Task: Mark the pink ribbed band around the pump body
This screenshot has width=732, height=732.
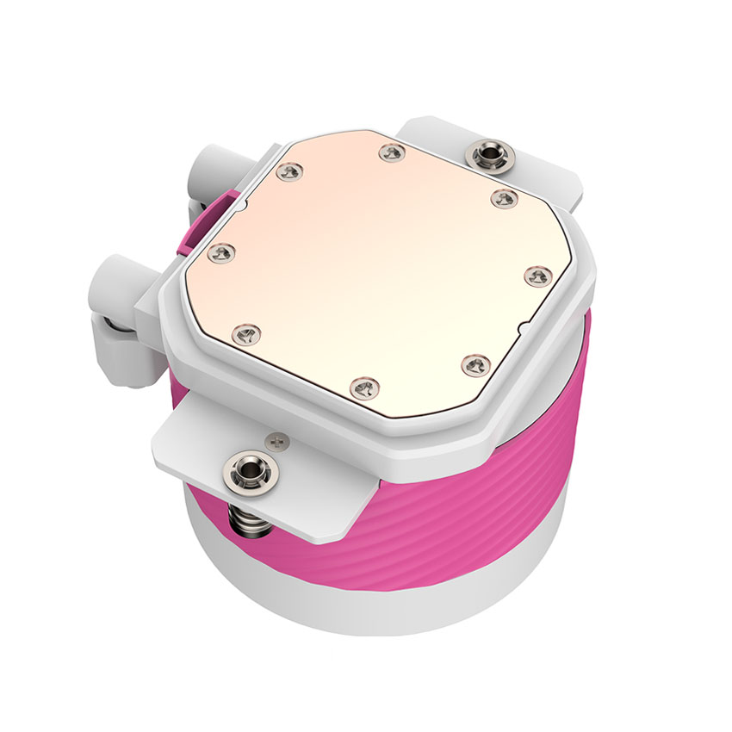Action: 482,482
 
